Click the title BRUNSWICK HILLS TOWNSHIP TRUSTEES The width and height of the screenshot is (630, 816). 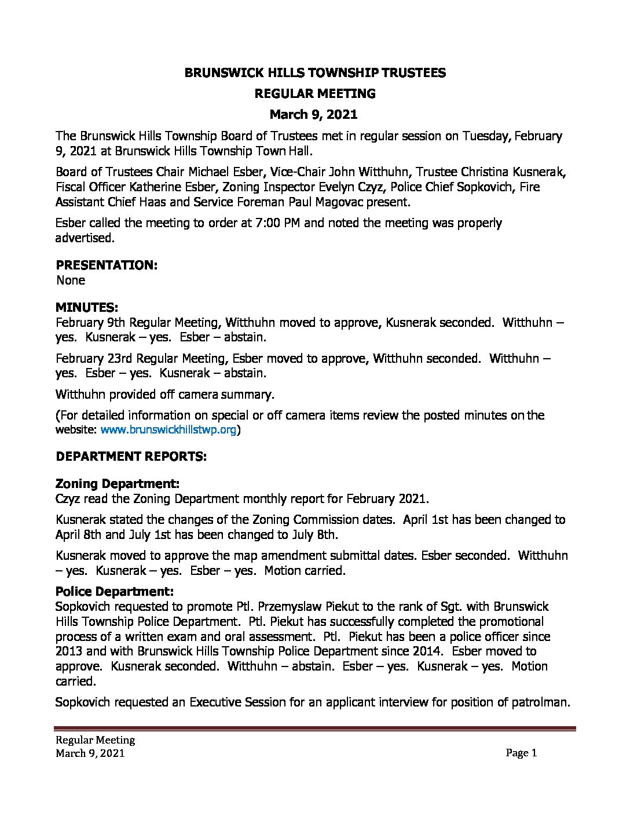tap(315, 72)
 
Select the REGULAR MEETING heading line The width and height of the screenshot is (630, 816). tap(315, 93)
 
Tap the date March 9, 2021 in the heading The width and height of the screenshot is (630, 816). tap(314, 114)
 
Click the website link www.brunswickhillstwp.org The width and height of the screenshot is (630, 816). tap(169, 430)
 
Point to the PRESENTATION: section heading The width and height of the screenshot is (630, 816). tap(107, 265)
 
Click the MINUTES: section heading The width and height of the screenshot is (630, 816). tap(87, 307)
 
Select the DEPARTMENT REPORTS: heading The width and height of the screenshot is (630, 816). tap(131, 456)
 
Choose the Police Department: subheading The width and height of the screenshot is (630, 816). tap(115, 591)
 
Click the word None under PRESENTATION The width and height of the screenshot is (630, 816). tap(71, 280)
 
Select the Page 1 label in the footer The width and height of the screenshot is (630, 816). tap(521, 753)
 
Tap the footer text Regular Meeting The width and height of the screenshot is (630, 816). tap(95, 740)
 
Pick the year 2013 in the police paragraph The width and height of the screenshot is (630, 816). tap(69, 651)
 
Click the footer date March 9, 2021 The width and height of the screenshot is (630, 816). tap(90, 753)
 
